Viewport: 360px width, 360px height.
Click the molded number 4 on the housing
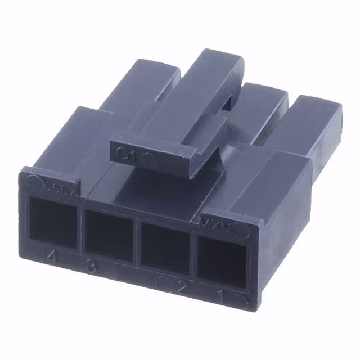(52, 258)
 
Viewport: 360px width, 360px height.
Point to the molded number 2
(182, 288)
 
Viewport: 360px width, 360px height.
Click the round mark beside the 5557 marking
(34, 181)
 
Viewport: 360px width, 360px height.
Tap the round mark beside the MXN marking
(242, 231)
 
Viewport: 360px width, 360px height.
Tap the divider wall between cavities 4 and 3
(80, 228)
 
